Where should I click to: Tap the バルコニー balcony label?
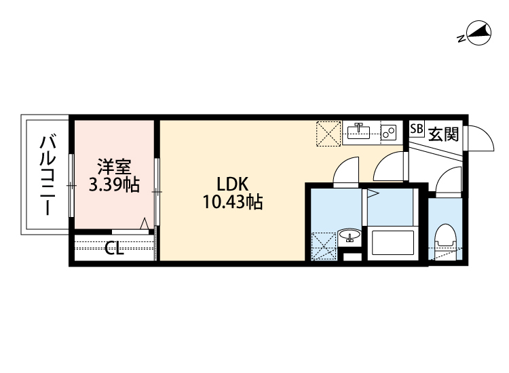(48, 176)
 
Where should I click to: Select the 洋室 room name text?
(113, 166)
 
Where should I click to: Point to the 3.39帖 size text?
(114, 184)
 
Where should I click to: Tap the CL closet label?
(114, 249)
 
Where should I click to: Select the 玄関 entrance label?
(442, 134)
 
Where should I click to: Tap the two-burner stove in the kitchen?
(389, 132)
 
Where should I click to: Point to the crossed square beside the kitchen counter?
(330, 133)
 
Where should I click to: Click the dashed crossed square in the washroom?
(324, 245)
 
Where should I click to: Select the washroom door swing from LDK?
(347, 170)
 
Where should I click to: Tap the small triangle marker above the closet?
(144, 224)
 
